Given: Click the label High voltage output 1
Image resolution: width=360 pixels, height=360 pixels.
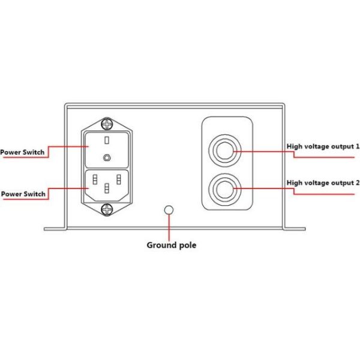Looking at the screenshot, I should click(x=323, y=146).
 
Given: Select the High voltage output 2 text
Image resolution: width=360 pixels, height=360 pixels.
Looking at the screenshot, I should click(x=323, y=182).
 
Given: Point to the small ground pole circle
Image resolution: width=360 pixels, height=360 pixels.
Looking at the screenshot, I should click(x=169, y=210).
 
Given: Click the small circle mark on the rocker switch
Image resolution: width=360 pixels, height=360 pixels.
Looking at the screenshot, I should click(x=106, y=157).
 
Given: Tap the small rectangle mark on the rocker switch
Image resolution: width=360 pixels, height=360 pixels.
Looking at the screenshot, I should click(x=106, y=140).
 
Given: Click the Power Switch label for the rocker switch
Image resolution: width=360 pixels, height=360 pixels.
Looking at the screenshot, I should click(x=22, y=152).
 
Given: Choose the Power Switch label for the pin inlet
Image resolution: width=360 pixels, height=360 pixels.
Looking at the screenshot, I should click(x=23, y=194).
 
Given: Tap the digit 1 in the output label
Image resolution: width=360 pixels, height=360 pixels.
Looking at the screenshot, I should click(x=358, y=146).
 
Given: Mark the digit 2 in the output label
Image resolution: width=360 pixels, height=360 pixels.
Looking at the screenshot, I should click(x=358, y=182).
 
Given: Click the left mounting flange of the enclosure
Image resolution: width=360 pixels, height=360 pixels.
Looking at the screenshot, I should click(x=55, y=228).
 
